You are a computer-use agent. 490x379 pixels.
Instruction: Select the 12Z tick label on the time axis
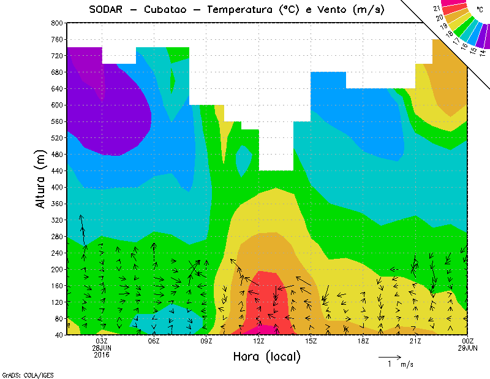259,341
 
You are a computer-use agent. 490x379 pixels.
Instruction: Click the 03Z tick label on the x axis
102,341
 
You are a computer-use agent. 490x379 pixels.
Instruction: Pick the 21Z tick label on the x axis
415,341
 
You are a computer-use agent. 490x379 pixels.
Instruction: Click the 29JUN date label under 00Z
468,348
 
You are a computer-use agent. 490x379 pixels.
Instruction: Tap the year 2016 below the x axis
102,354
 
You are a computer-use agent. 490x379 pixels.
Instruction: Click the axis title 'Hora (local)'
266,356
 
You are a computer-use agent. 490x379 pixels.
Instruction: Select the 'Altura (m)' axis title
41,178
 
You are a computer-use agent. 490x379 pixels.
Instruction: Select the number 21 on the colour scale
437,8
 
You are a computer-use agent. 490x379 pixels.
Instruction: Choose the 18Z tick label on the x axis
363,341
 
